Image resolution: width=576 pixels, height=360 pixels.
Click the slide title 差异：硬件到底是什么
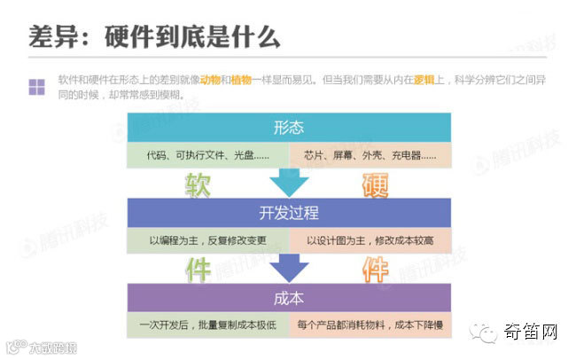point(155,37)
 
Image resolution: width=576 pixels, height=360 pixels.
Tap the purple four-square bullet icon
point(36,87)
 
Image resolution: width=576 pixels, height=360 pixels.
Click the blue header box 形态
point(290,128)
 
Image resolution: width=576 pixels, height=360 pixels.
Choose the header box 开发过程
point(290,213)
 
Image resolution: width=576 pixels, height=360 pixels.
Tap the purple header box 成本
point(290,297)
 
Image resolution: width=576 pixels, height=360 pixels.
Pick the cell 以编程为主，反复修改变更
point(207,239)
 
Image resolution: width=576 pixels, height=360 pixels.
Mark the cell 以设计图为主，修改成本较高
point(371,239)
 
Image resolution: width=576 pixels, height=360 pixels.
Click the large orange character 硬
point(378,184)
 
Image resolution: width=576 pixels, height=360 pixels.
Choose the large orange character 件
point(378,268)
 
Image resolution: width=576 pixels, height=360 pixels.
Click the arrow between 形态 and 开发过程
point(289,183)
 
